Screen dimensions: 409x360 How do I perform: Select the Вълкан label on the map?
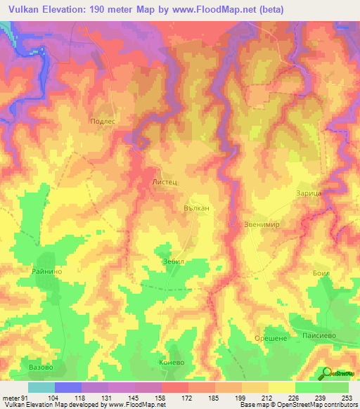click(197, 209)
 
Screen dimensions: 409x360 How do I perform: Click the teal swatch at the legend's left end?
click(41, 387)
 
